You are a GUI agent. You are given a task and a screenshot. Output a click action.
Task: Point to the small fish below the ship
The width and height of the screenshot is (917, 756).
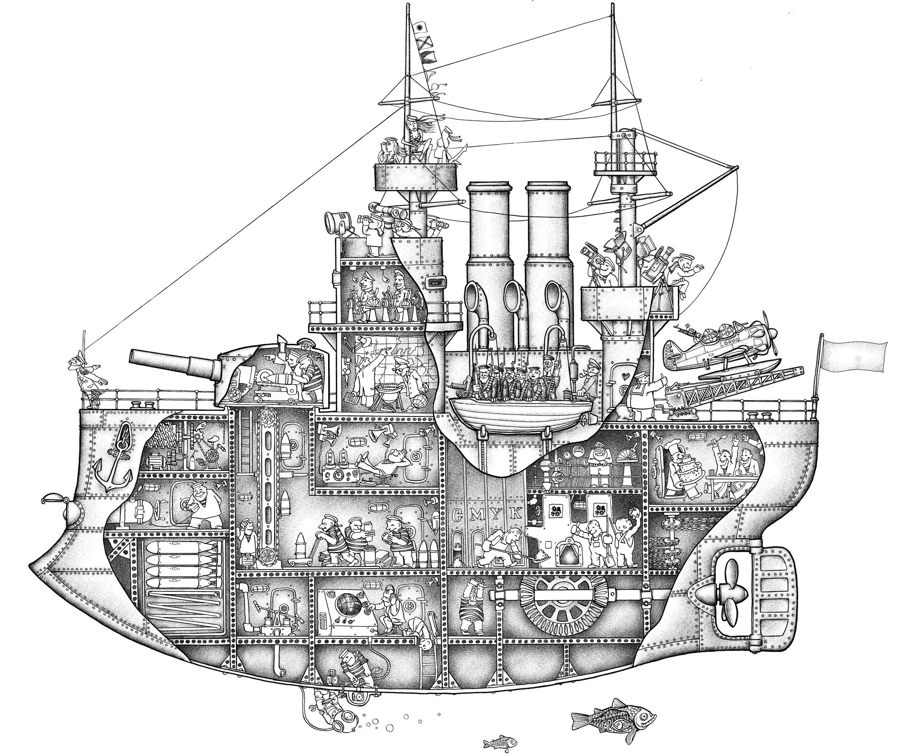click(500, 742)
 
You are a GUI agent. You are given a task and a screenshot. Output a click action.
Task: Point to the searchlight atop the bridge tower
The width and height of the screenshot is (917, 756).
click(333, 222)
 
